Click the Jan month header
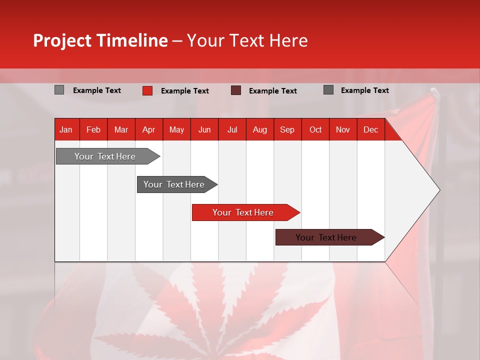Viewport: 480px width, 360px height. point(66,130)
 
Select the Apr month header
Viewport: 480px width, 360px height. point(148,130)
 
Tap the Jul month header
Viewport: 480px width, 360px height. point(232,130)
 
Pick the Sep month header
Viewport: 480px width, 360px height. point(287,130)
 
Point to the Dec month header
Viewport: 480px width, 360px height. point(370,130)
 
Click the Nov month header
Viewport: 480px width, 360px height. point(342,130)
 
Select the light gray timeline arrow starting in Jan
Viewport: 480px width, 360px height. point(105,156)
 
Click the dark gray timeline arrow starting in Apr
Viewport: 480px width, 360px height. point(174,184)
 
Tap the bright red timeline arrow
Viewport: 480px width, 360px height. point(243,212)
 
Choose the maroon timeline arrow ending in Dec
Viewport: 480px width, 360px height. point(326,237)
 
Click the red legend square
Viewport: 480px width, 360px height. point(147,90)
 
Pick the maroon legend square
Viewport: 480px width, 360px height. point(236,90)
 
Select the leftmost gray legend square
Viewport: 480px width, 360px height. point(59,90)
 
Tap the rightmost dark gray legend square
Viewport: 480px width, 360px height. point(328,90)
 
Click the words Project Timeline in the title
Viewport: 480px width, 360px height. point(100,40)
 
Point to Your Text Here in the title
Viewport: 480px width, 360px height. point(247,40)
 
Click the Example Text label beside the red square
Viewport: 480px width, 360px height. point(184,91)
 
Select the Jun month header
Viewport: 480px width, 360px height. point(204,130)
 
